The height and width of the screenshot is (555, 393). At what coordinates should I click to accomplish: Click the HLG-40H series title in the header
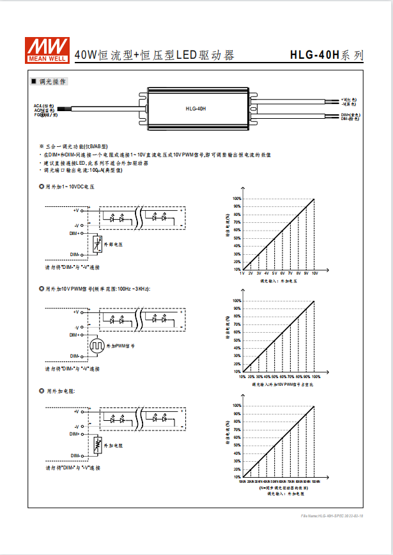coord(326,55)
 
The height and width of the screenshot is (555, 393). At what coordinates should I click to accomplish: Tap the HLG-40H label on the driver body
coord(196,109)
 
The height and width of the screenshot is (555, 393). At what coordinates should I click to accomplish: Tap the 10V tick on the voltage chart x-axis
coord(314,273)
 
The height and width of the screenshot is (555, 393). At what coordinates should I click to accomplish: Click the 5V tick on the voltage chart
coord(274,273)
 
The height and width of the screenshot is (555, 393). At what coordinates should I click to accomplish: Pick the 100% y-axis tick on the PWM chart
coord(236,301)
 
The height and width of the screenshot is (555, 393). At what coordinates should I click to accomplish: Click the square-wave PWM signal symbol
coord(96,346)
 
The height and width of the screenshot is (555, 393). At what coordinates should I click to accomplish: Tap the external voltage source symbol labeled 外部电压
coord(96,244)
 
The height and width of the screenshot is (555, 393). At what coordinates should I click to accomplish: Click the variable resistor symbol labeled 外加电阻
coord(96,445)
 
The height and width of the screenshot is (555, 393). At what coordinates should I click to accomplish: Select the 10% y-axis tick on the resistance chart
coord(236,476)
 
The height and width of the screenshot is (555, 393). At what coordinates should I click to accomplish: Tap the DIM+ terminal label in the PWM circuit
coord(75,335)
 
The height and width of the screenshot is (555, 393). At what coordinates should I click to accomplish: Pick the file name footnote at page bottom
coord(332,515)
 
